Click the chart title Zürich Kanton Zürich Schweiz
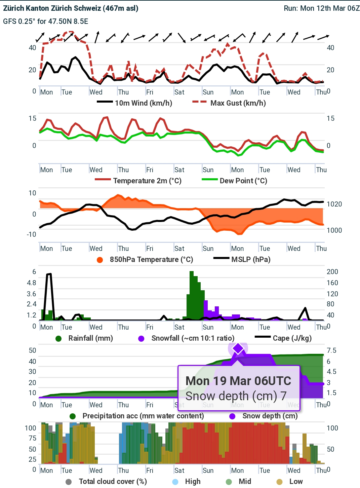tap(71, 8)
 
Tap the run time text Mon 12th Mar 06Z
tap(330, 8)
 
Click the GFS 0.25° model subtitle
tap(46, 21)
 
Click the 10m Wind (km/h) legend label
tap(143, 103)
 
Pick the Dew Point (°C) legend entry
tap(243, 181)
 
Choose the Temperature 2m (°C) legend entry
tap(147, 181)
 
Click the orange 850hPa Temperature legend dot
tap(100, 260)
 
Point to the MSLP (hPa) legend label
tap(251, 259)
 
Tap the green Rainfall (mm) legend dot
tap(58, 338)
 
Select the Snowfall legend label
tap(193, 338)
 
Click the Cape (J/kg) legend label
tap(292, 338)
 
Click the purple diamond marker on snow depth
tap(238, 349)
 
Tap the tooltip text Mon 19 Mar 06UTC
tap(238, 381)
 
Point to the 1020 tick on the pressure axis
tap(334, 204)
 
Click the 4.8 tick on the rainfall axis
tap(32, 283)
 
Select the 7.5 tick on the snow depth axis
tap(331, 350)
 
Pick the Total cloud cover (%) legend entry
tap(113, 481)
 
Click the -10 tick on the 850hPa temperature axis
tap(31, 234)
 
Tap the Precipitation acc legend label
tap(143, 416)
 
